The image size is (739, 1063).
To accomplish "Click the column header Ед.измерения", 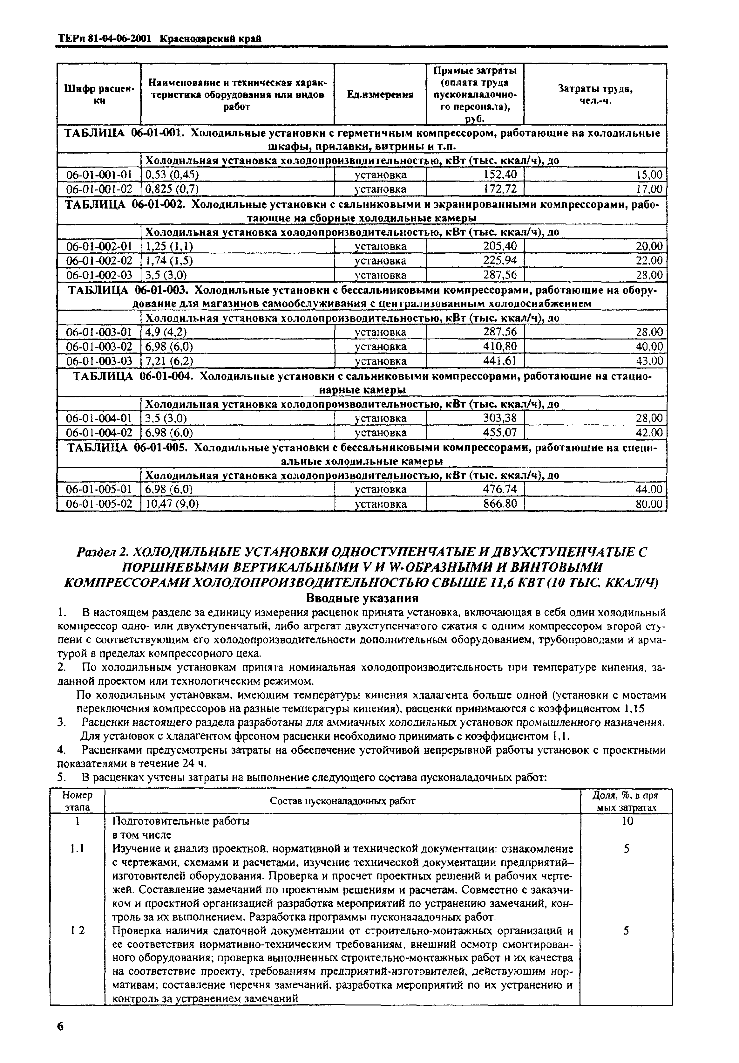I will pyautogui.click(x=379, y=94).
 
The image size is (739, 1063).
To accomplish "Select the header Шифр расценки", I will pyautogui.click(x=98, y=94).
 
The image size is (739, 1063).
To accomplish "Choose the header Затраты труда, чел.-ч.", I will pyautogui.click(x=595, y=94).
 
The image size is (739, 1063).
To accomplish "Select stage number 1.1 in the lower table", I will pyautogui.click(x=77, y=849).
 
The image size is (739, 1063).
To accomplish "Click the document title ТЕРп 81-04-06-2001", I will pyautogui.click(x=105, y=39).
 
